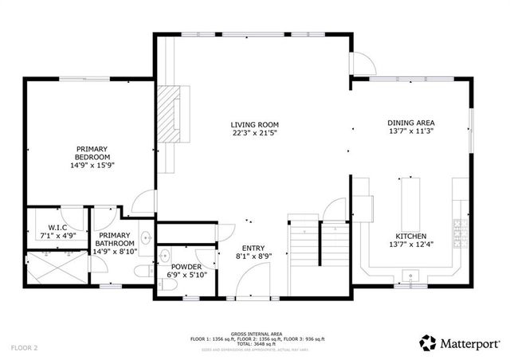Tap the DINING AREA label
pyautogui.click(x=410, y=123)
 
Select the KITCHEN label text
pyautogui.click(x=410, y=237)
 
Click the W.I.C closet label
pyautogui.click(x=56, y=228)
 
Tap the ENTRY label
pyautogui.click(x=254, y=248)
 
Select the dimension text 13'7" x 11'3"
pyautogui.click(x=410, y=131)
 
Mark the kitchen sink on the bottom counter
pyautogui.click(x=411, y=276)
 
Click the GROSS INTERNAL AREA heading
pyautogui.click(x=255, y=333)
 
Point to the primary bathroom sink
pyautogui.click(x=147, y=237)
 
